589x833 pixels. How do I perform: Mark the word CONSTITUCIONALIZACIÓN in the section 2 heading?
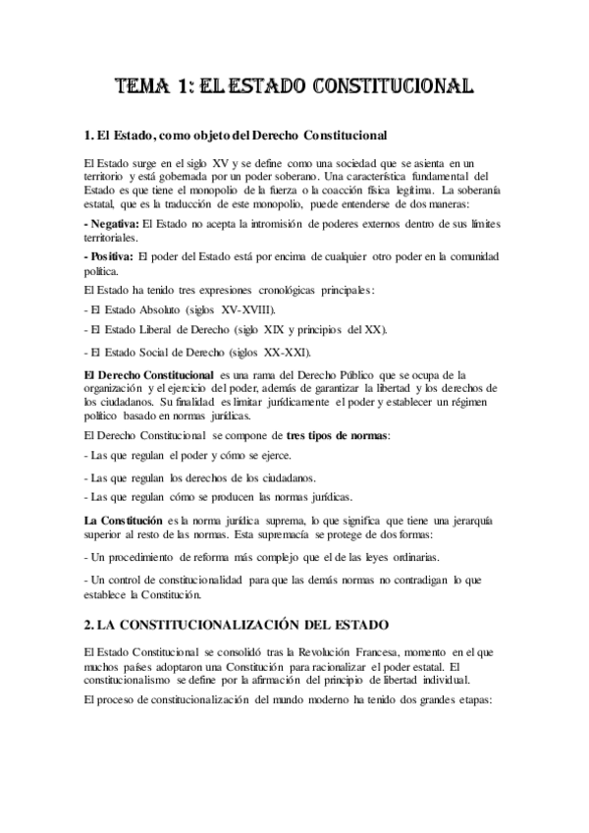pos(223,624)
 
